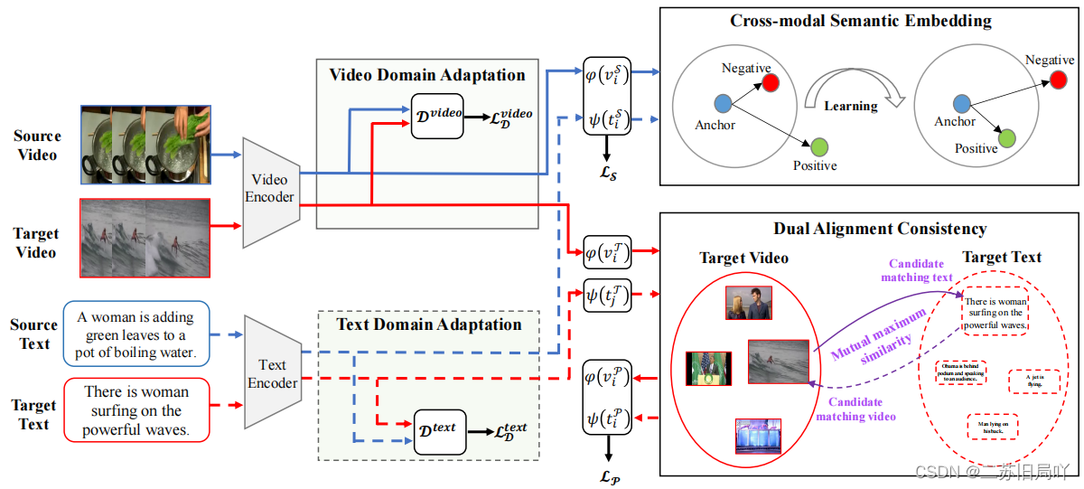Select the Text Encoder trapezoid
pos(272,373)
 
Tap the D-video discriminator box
pos(438,115)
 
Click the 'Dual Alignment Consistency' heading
pos(879,229)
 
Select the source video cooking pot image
pos(145,142)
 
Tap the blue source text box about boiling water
pos(135,334)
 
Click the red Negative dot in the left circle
pos(770,83)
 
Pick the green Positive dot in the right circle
pos(1007,137)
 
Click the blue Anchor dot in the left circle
pos(722,104)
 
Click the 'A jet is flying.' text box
pos(1033,380)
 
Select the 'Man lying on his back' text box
pos(992,427)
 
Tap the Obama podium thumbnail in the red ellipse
pos(708,369)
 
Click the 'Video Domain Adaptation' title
pos(426,74)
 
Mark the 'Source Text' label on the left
pos(33,334)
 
